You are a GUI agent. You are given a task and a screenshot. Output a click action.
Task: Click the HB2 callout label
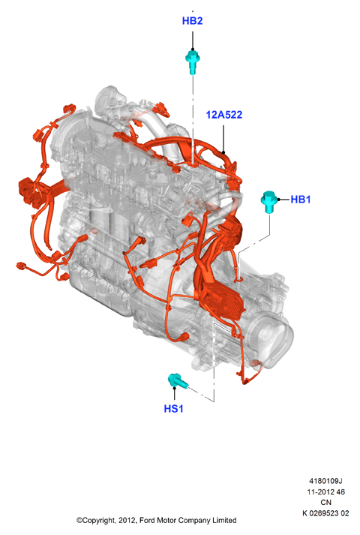(192, 21)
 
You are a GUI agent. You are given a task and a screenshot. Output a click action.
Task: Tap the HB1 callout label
(300, 200)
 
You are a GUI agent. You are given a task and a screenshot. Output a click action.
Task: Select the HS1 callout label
(173, 408)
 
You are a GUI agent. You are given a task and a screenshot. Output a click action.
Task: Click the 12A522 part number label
(224, 115)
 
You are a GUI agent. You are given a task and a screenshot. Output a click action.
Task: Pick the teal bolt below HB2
(193, 62)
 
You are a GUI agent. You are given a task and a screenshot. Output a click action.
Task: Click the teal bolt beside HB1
(269, 202)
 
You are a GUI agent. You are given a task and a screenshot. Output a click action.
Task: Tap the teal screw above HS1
(178, 381)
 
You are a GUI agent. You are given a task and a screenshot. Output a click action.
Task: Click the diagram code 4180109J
(325, 481)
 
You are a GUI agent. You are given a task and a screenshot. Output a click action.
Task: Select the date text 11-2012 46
(325, 491)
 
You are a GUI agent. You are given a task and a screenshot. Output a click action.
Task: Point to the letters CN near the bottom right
(325, 502)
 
